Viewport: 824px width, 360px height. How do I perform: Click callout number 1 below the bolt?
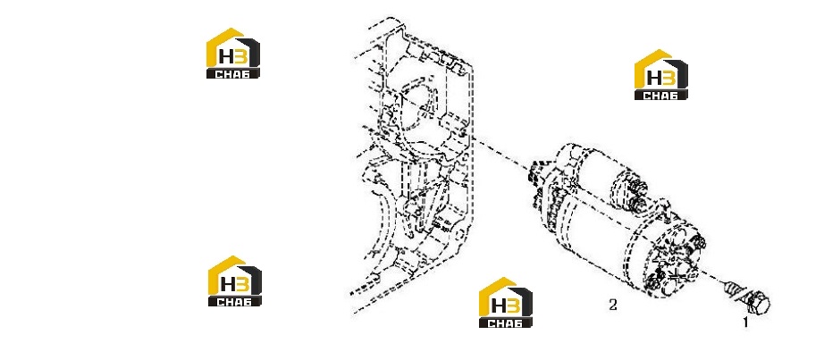tap(745, 322)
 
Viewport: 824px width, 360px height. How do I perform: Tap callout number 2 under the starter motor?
tap(613, 305)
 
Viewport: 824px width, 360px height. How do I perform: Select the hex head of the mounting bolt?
tap(757, 303)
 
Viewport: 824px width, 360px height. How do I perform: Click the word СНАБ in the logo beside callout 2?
tap(506, 322)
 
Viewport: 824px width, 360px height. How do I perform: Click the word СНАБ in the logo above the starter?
tap(661, 95)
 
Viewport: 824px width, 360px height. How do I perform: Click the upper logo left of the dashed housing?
tap(232, 53)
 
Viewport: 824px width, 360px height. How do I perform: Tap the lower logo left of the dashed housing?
tap(235, 281)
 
